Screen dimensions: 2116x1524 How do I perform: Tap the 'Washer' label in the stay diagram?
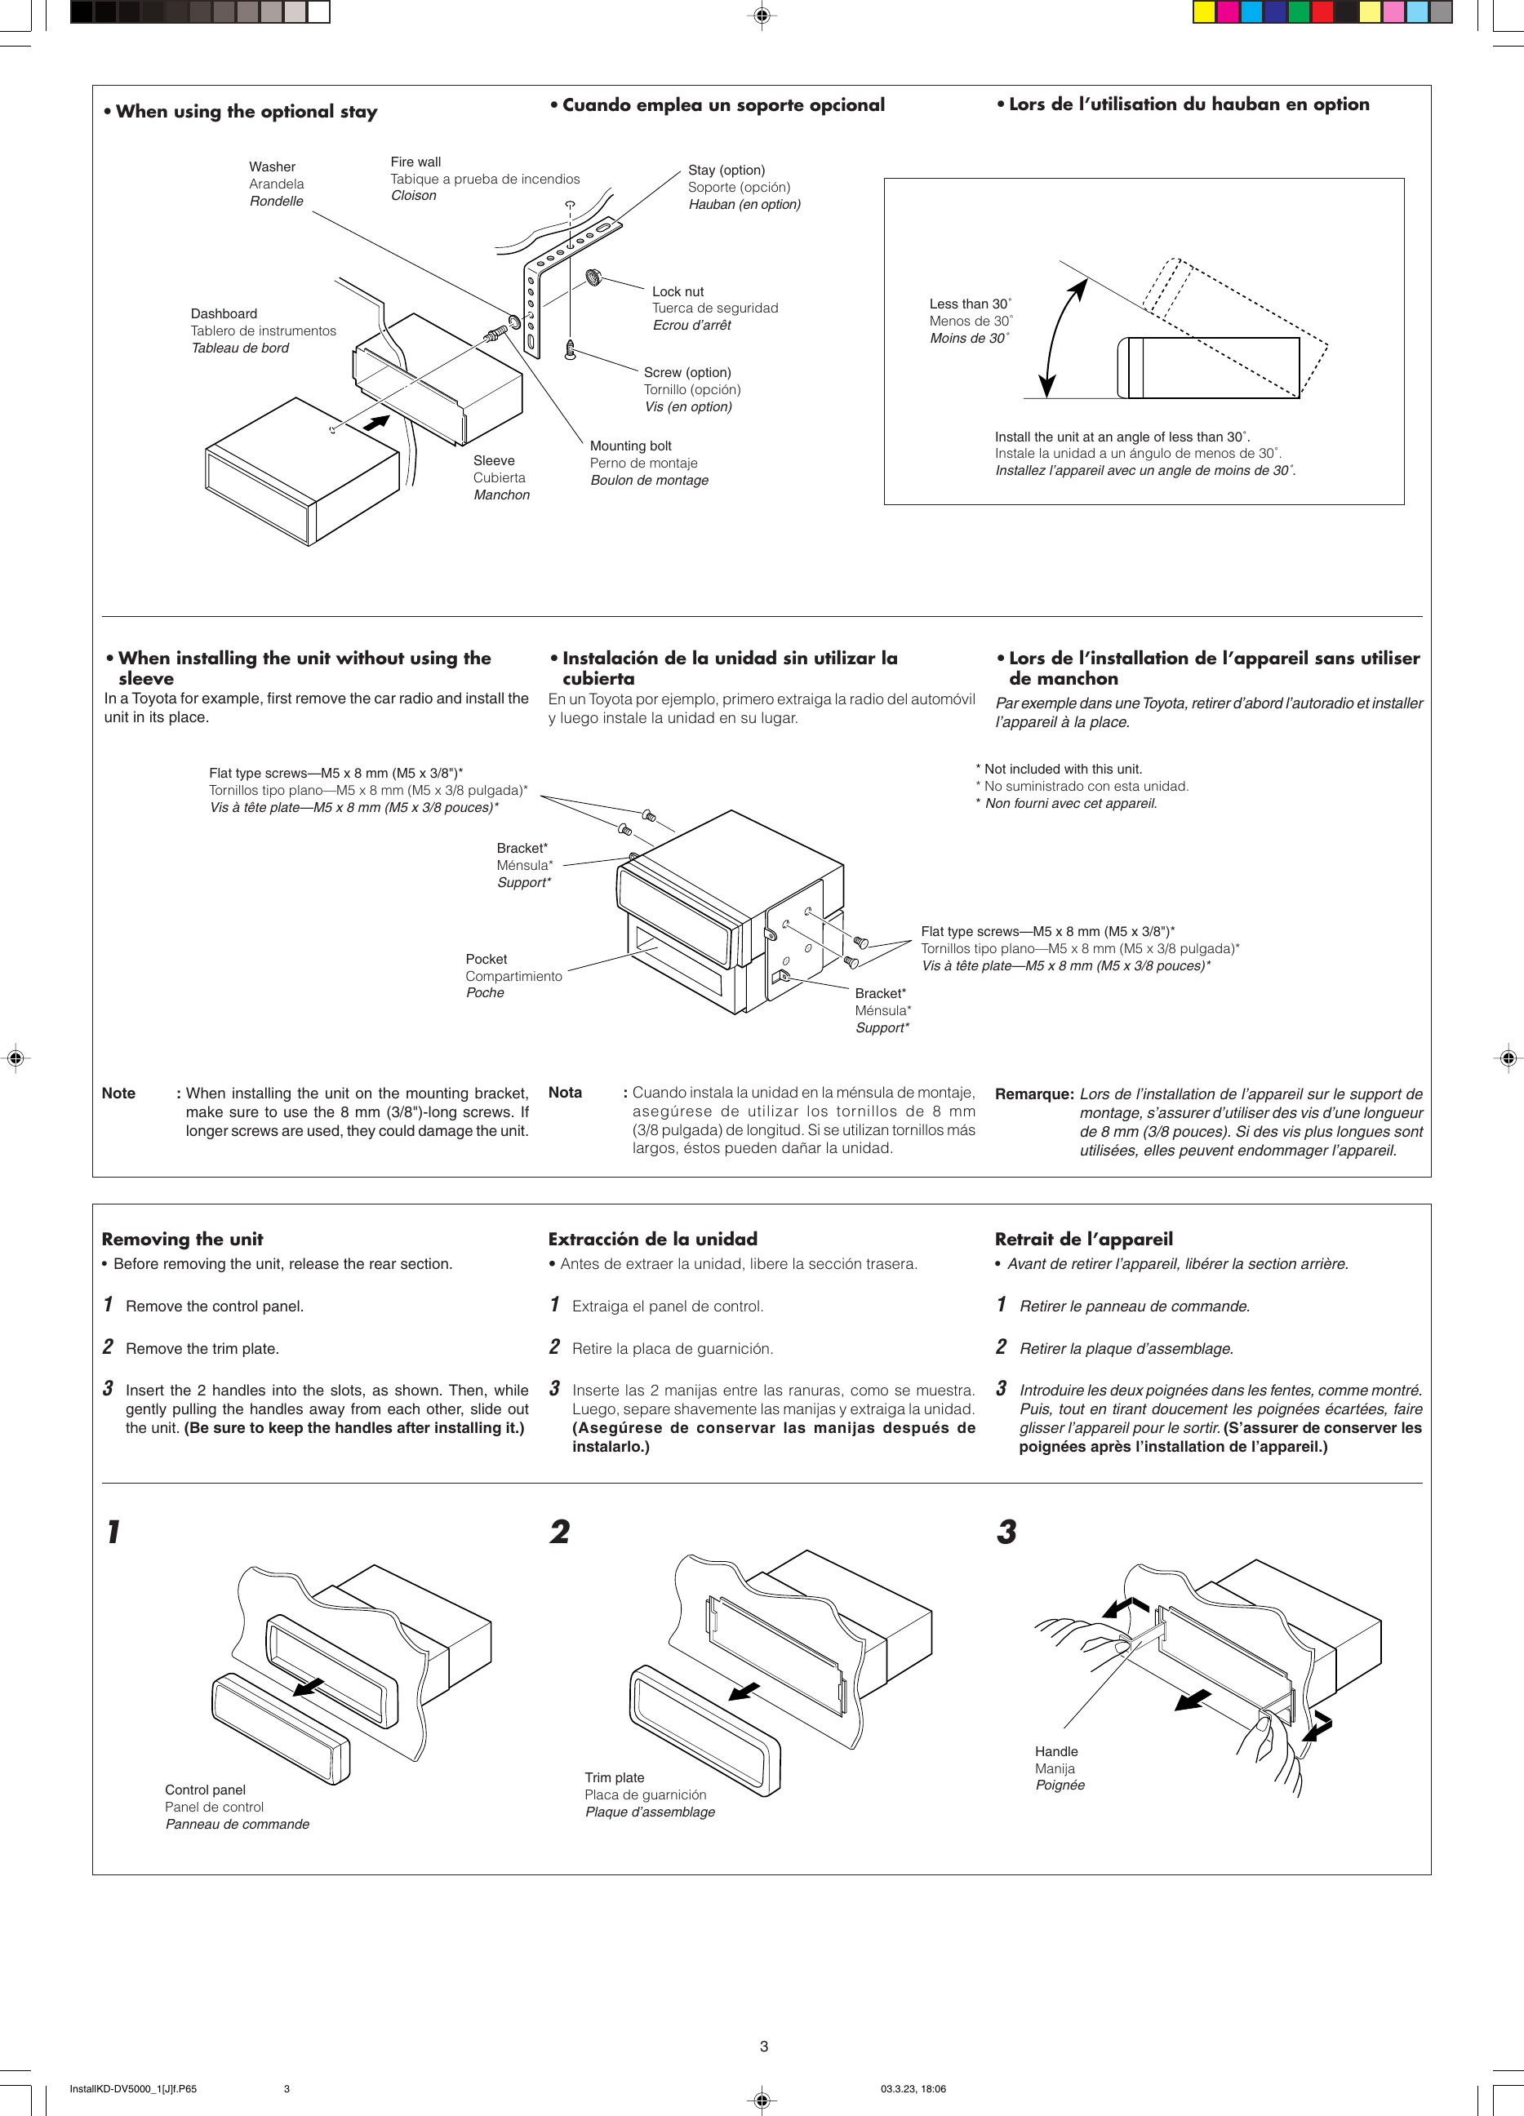272,167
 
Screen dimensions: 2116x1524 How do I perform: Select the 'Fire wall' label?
415,162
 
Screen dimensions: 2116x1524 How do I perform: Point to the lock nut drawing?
593,277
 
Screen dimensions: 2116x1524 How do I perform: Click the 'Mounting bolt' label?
630,446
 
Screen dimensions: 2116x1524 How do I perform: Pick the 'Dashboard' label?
223,313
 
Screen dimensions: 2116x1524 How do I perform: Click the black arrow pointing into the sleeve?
376,423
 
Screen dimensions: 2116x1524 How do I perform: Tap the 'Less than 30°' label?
970,304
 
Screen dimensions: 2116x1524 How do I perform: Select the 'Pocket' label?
486,959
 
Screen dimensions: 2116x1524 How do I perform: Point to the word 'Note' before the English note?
118,1093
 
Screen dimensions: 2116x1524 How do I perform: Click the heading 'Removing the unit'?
182,1239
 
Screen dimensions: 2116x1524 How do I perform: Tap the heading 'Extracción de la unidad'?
652,1239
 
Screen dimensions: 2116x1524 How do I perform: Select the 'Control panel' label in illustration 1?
206,1790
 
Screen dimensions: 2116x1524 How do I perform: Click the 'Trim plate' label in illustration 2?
614,1777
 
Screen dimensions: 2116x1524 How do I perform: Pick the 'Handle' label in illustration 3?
1055,1751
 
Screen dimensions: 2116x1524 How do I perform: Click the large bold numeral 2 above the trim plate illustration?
559,1532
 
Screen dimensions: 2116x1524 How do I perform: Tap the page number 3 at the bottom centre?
763,2046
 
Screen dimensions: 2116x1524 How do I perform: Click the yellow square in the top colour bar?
1204,12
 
